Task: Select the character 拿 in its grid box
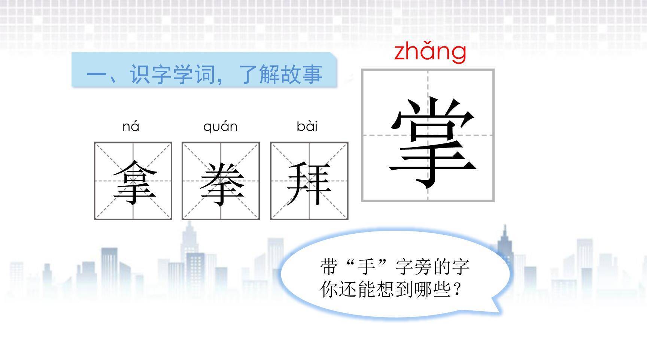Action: pyautogui.click(x=134, y=183)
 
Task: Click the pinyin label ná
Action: pyautogui.click(x=131, y=127)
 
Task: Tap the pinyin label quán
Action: pyautogui.click(x=220, y=127)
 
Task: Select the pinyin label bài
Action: pyautogui.click(x=307, y=126)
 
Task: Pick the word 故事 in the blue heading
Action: pyautogui.click(x=302, y=74)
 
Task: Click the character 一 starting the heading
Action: pyautogui.click(x=97, y=74)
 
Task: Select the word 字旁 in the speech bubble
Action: pyautogui.click(x=414, y=267)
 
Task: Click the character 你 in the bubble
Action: pyautogui.click(x=329, y=289)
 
